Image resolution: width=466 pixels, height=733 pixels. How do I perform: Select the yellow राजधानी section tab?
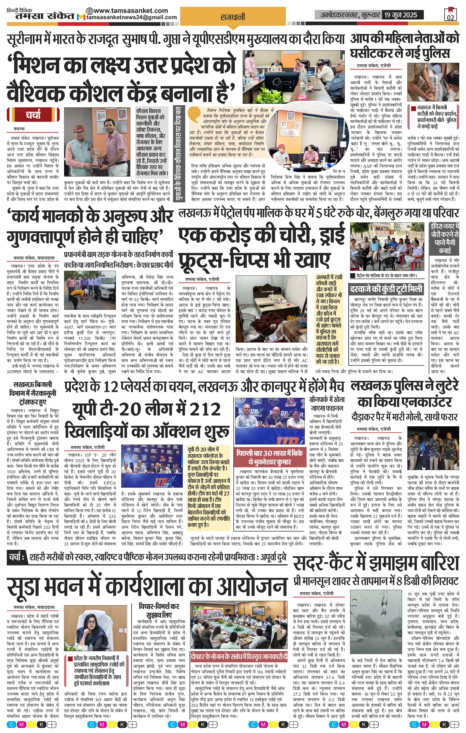click(233, 17)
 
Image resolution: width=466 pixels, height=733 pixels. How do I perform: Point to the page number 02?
click(451, 17)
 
